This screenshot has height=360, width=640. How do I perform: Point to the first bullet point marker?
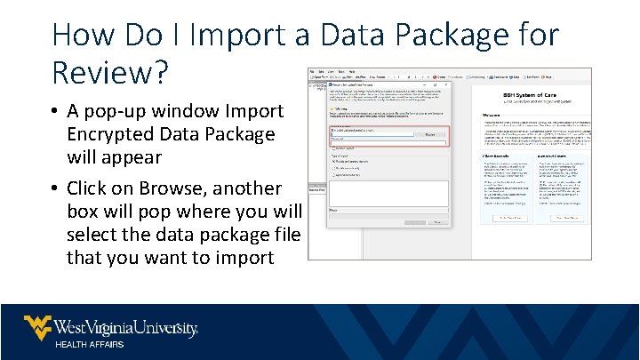[x=55, y=112]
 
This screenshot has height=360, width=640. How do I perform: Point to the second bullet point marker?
[x=55, y=189]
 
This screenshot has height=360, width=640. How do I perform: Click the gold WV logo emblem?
[x=36, y=327]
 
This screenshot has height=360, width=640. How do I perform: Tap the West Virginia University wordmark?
[x=125, y=328]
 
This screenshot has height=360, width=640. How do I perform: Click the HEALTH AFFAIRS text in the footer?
[x=90, y=344]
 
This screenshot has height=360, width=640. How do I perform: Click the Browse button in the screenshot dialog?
[x=430, y=134]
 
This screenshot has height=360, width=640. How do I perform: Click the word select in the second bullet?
[x=92, y=235]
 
